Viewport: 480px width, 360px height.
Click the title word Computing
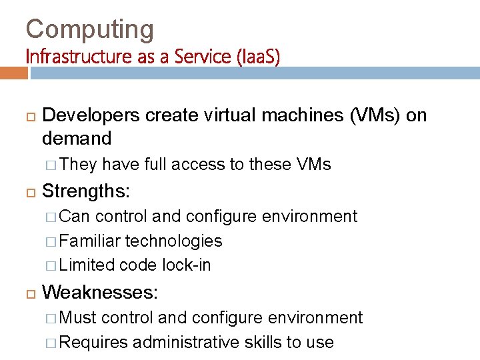(89, 29)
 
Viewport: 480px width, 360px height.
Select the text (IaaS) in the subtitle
(257, 57)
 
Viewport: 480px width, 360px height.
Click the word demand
(76, 138)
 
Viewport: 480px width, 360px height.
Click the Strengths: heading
(86, 191)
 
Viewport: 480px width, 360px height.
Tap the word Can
(74, 216)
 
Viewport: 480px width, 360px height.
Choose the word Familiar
(89, 241)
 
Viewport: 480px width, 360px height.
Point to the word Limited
(87, 265)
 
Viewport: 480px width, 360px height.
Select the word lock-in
(186, 265)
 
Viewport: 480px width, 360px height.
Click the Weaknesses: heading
(100, 292)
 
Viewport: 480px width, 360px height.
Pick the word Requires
(93, 342)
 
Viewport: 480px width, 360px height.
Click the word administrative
(185, 342)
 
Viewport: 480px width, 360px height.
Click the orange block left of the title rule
(14, 72)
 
